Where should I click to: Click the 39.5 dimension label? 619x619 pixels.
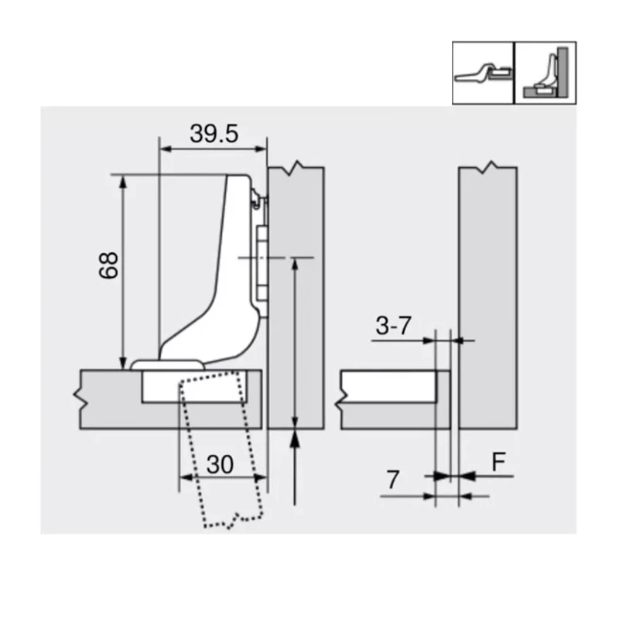pos(214,134)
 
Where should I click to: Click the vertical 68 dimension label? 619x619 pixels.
pos(109,265)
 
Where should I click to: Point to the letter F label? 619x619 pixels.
pos(499,462)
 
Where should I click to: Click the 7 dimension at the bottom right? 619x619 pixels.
pos(392,480)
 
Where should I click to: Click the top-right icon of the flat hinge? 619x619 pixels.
pos(484,74)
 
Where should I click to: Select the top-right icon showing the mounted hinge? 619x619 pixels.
pos(546,74)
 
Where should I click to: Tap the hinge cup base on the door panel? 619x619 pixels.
pos(167,363)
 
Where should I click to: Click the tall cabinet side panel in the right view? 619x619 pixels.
pos(487,294)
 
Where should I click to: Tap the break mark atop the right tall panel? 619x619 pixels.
pos(488,168)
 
